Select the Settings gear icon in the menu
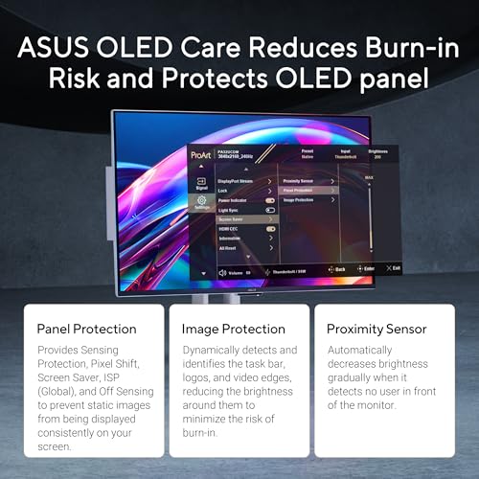pyautogui.click(x=202, y=202)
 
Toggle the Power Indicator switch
pyautogui.click(x=270, y=200)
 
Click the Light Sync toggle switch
pyautogui.click(x=270, y=210)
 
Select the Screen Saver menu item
pyautogui.click(x=234, y=219)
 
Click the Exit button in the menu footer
pyautogui.click(x=393, y=268)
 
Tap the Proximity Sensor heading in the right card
pyautogui.click(x=376, y=329)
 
